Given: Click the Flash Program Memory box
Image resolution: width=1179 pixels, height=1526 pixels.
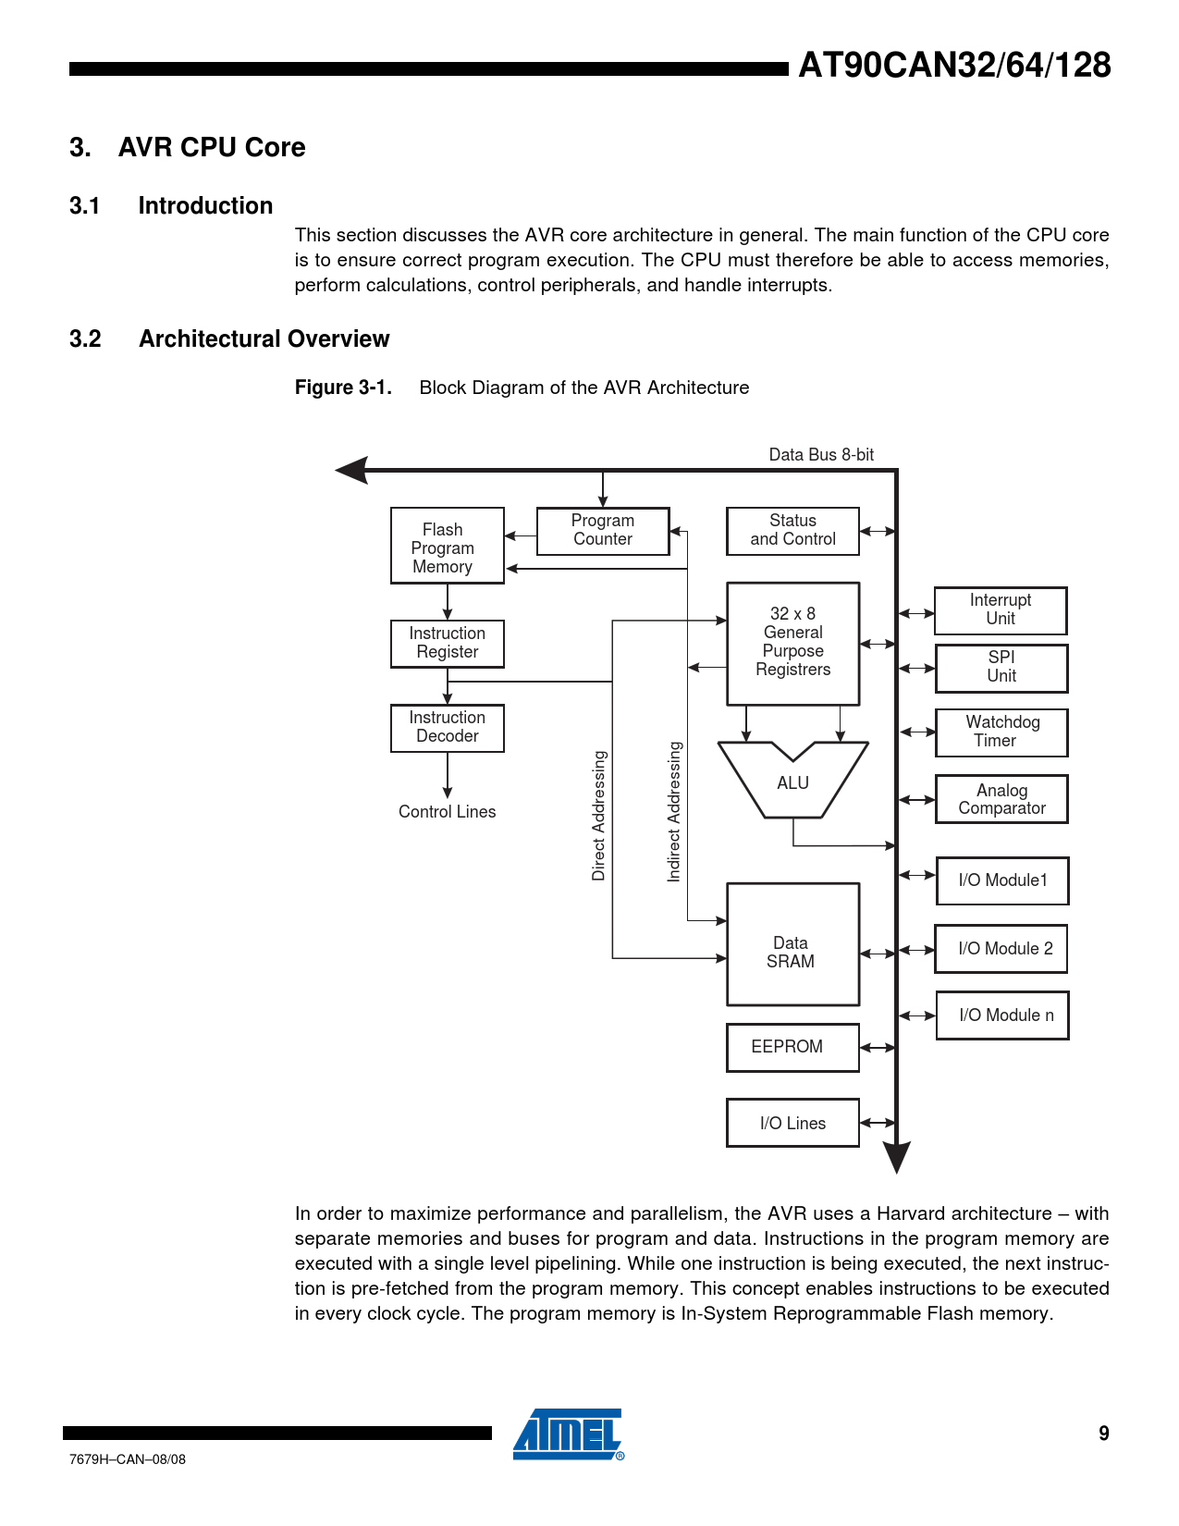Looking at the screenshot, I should pyautogui.click(x=447, y=546).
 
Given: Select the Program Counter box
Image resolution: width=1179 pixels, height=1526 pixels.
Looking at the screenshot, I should pyautogui.click(x=603, y=531).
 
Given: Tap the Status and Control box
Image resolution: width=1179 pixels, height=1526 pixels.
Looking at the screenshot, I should pyautogui.click(x=792, y=531).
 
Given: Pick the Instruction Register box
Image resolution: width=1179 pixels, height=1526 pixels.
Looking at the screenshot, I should pyautogui.click(x=447, y=644).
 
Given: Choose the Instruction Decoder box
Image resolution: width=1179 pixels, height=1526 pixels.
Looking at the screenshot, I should pyautogui.click(x=447, y=728).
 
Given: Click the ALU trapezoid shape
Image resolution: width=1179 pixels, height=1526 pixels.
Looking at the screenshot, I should pyautogui.click(x=792, y=782).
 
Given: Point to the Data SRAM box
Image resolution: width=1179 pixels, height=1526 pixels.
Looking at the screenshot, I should pyautogui.click(x=792, y=944).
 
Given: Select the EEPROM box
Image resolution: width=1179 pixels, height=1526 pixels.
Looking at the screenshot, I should pyautogui.click(x=792, y=1047).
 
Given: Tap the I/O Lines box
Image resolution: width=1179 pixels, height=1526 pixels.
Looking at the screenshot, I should pyautogui.click(x=792, y=1123).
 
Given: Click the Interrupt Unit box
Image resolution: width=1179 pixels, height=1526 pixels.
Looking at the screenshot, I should pyautogui.click(x=1001, y=610).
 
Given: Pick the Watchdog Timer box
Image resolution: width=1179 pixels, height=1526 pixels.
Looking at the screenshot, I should pyautogui.click(x=1001, y=732).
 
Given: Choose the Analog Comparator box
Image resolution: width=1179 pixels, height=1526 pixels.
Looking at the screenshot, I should pyautogui.click(x=1001, y=799).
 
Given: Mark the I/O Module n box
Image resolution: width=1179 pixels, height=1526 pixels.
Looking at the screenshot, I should pyautogui.click(x=1002, y=1015).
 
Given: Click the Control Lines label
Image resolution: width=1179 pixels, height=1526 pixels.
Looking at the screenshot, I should pyautogui.click(x=447, y=812).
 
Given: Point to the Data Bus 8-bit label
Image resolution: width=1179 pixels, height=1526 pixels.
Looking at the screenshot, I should pyautogui.click(x=821, y=455).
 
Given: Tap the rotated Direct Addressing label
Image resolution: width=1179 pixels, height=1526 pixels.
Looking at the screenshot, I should pyautogui.click(x=599, y=816).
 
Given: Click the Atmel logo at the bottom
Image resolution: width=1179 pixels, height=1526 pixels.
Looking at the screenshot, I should pyautogui.click(x=568, y=1434).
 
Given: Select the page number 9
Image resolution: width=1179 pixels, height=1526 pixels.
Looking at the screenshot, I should pyautogui.click(x=1103, y=1434).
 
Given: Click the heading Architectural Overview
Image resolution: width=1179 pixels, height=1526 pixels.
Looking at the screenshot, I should pyautogui.click(x=264, y=339).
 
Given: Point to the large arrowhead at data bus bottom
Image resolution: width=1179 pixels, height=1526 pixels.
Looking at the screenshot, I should pyautogui.click(x=896, y=1156).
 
